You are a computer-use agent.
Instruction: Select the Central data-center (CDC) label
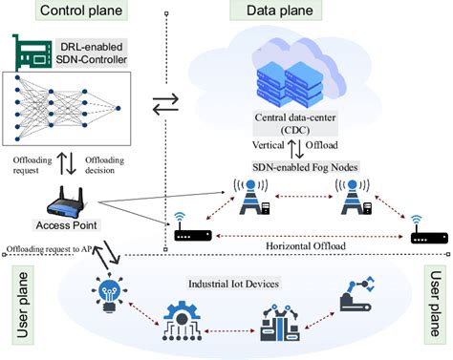coord(291,124)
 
